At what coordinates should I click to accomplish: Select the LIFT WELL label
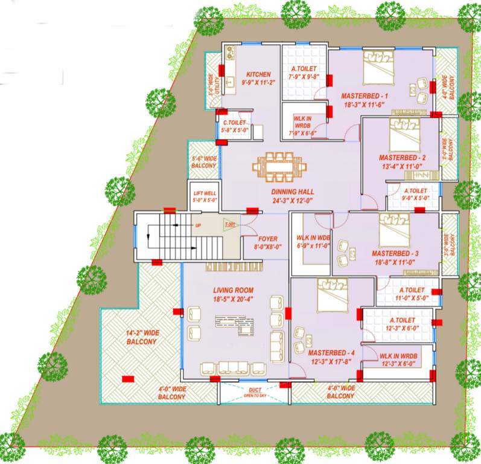(x=205, y=193)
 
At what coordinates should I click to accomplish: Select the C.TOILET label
(x=234, y=123)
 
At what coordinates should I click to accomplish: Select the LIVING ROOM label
(x=235, y=291)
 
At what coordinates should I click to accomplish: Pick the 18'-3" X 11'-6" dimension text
(x=365, y=106)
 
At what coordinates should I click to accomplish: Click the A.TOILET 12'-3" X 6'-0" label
(x=402, y=324)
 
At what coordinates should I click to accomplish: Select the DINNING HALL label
(x=293, y=191)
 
